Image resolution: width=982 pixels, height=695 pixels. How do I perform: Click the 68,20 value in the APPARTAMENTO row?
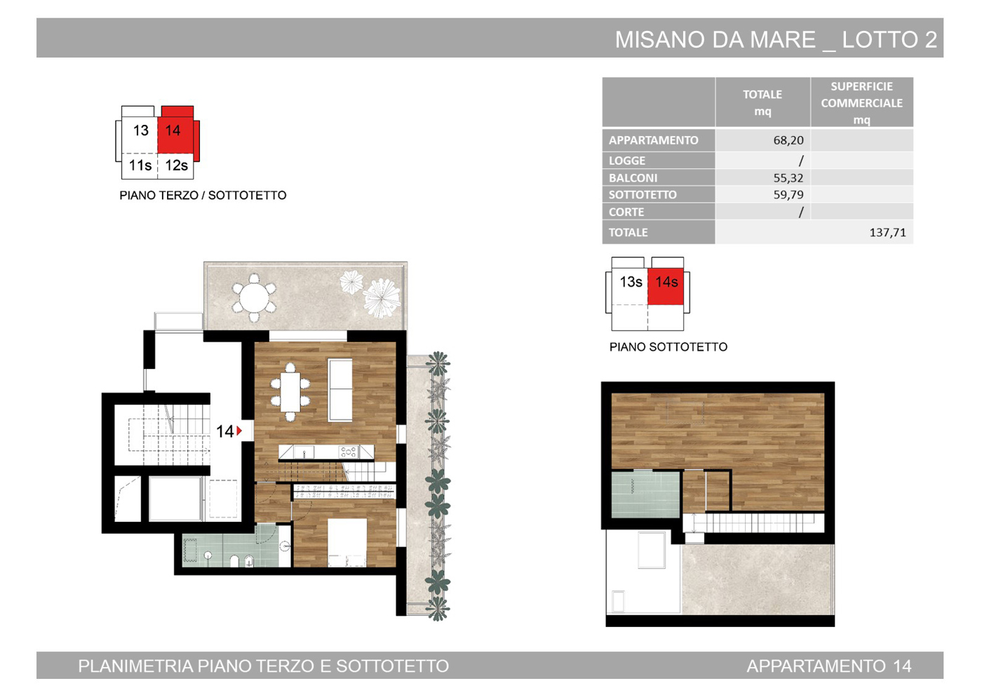click(788, 141)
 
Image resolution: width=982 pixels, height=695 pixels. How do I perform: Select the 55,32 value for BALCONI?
click(788, 178)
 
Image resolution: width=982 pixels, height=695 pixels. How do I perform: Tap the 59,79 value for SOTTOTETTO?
click(788, 194)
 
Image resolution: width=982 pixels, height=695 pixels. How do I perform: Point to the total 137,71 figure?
click(888, 232)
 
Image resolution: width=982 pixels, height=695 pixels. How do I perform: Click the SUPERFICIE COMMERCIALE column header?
click(861, 103)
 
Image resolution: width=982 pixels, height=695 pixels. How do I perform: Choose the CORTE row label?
click(626, 212)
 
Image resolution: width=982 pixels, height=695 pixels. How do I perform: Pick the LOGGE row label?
click(627, 161)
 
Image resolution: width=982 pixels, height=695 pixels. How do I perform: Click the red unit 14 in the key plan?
click(175, 130)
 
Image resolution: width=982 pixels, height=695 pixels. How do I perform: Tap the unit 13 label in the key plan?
click(141, 130)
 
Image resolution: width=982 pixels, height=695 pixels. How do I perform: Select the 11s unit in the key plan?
click(140, 166)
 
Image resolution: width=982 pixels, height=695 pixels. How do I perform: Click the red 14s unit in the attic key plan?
click(666, 286)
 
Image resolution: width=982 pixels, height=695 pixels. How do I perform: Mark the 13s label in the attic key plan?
click(631, 282)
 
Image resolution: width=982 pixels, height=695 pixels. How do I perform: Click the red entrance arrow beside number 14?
click(239, 431)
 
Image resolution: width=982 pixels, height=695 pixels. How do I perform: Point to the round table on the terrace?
click(254, 298)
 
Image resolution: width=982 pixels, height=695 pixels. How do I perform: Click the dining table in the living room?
click(290, 392)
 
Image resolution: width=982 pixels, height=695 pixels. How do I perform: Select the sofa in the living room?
click(339, 389)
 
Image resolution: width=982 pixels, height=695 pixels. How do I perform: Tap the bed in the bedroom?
click(347, 543)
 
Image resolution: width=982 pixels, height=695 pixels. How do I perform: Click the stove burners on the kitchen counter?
click(349, 452)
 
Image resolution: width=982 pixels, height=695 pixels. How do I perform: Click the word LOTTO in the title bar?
click(880, 40)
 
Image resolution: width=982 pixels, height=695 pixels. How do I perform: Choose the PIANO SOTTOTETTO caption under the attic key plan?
click(668, 347)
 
